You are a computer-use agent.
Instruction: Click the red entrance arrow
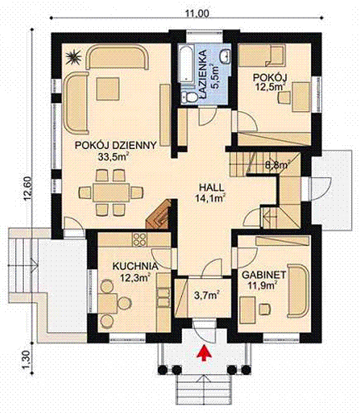click(204, 352)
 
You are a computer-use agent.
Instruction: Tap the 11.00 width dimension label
click(196, 13)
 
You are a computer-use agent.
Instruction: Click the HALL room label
click(211, 187)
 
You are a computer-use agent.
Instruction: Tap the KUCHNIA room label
click(135, 266)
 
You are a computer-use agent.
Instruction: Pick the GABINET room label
click(264, 275)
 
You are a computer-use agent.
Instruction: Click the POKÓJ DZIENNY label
click(116, 145)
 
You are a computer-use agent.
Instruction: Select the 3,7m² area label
click(205, 295)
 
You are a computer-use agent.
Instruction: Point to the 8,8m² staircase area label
click(276, 165)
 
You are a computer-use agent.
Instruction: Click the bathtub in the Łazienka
click(186, 64)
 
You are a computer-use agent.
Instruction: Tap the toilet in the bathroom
click(189, 97)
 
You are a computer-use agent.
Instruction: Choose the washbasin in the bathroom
click(225, 55)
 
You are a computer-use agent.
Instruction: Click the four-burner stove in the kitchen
click(139, 239)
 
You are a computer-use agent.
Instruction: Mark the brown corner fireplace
click(158, 215)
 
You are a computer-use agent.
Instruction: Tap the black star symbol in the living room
click(73, 57)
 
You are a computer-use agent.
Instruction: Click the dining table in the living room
click(111, 193)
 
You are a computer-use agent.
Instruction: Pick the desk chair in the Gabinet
click(265, 309)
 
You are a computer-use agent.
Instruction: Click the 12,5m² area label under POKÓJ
click(270, 87)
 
